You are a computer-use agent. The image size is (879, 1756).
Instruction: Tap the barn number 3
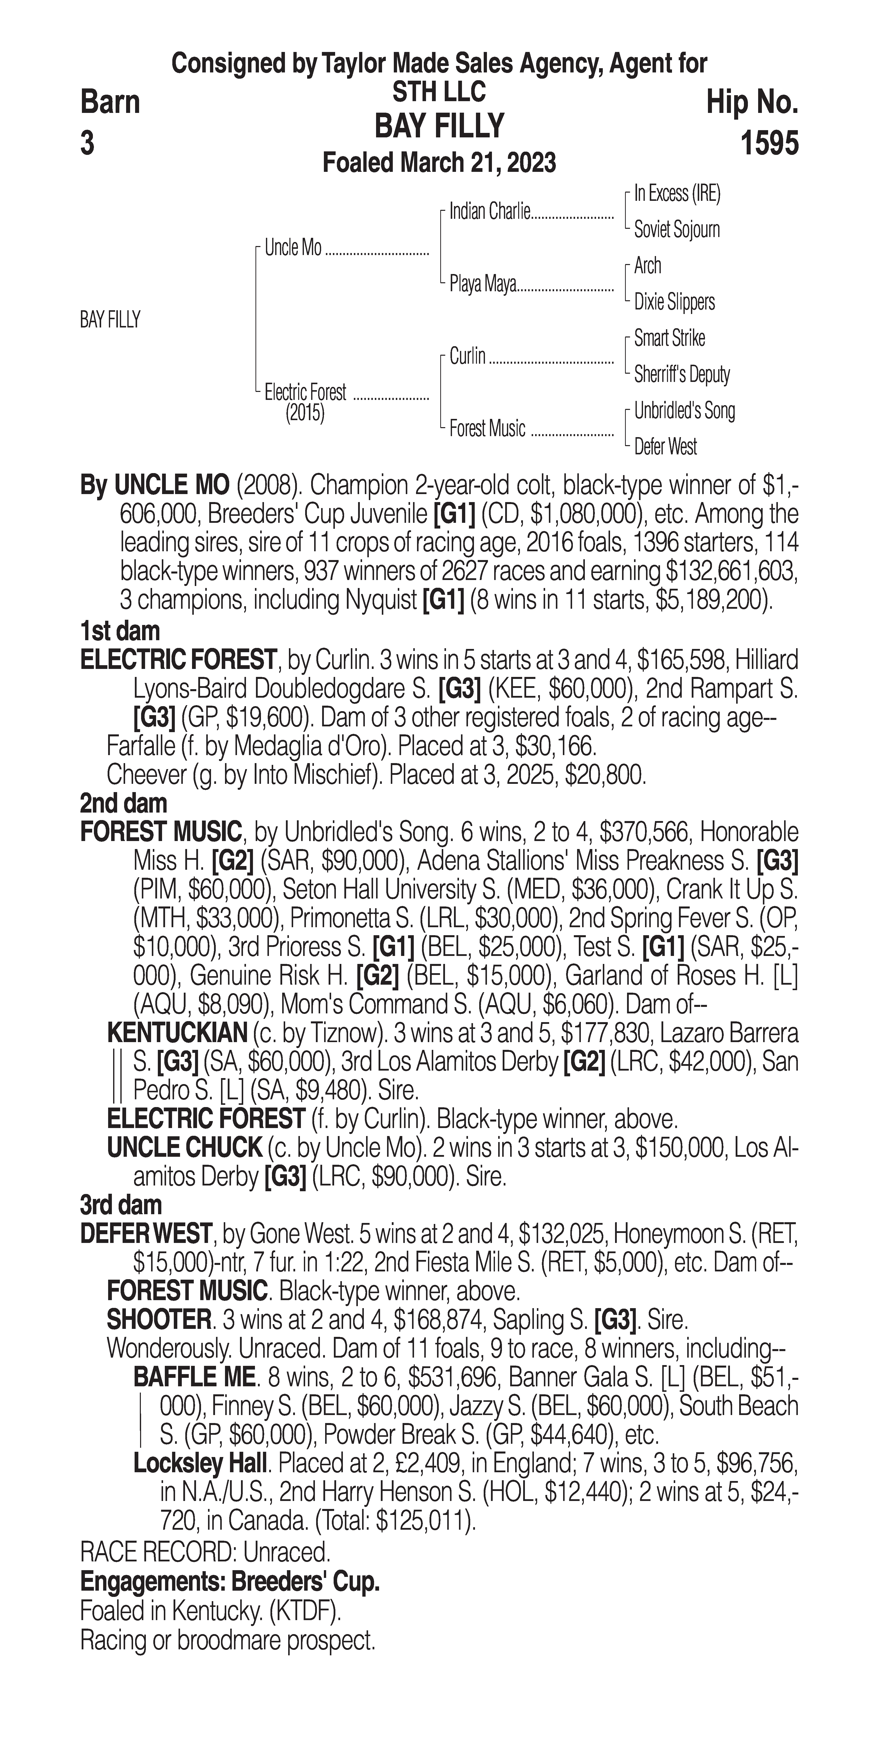[87, 144]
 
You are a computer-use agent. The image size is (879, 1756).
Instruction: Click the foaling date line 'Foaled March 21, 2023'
[439, 163]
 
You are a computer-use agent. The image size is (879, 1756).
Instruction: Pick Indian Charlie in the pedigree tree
[489, 212]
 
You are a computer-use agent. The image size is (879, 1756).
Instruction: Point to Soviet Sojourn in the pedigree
[677, 230]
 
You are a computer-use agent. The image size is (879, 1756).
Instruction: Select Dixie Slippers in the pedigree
[674, 302]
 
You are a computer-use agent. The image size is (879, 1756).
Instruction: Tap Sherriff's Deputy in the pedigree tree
[681, 374]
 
